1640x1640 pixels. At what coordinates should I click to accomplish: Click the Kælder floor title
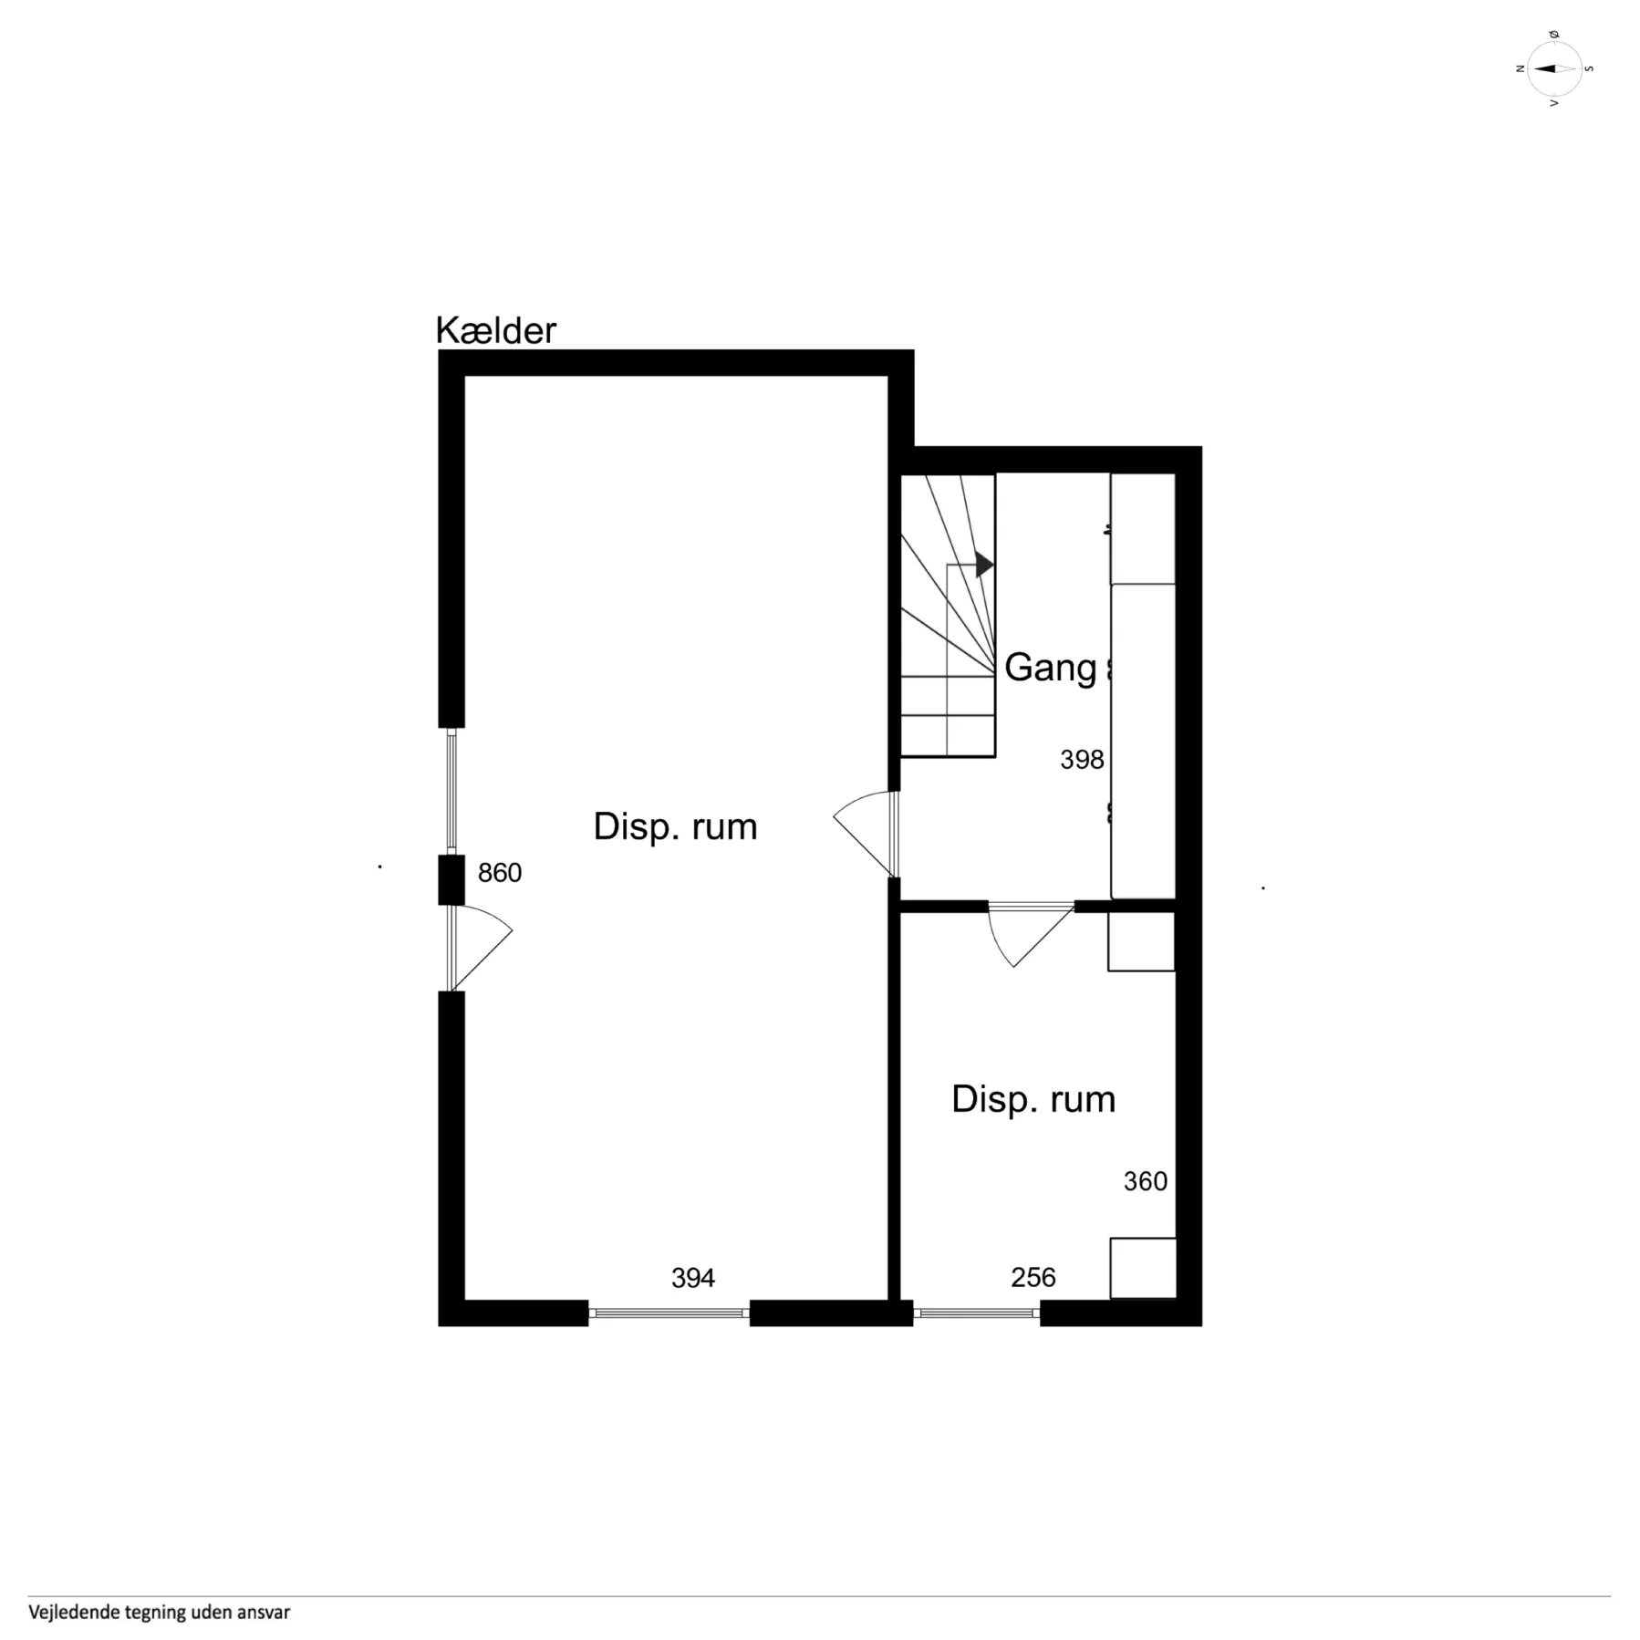[495, 330]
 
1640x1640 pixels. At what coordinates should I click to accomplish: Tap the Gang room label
[1050, 668]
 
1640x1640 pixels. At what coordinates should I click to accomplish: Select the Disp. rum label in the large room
[675, 827]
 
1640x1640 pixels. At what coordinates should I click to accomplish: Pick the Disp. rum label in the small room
[1033, 1100]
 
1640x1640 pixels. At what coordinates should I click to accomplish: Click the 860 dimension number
[500, 873]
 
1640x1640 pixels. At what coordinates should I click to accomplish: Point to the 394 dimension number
[693, 1278]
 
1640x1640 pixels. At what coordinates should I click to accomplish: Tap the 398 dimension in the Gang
[1082, 760]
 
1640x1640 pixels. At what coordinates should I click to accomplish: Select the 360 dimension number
[1146, 1181]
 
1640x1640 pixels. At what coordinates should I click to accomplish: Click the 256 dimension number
[1033, 1277]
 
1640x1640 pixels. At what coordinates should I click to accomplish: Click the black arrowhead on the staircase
[984, 565]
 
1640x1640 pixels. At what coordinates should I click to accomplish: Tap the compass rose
[1554, 68]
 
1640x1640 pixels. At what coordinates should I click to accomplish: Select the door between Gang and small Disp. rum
[1032, 934]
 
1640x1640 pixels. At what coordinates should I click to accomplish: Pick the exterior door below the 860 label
[480, 948]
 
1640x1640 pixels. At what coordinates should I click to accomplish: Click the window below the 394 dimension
[669, 1313]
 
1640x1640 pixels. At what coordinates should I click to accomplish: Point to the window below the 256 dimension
[977, 1313]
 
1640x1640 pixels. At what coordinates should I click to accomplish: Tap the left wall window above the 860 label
[451, 791]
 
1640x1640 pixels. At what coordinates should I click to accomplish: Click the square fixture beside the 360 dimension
[1143, 1268]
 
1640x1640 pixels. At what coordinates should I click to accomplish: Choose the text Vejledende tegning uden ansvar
[159, 1613]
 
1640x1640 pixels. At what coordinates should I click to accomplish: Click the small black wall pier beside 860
[452, 880]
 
